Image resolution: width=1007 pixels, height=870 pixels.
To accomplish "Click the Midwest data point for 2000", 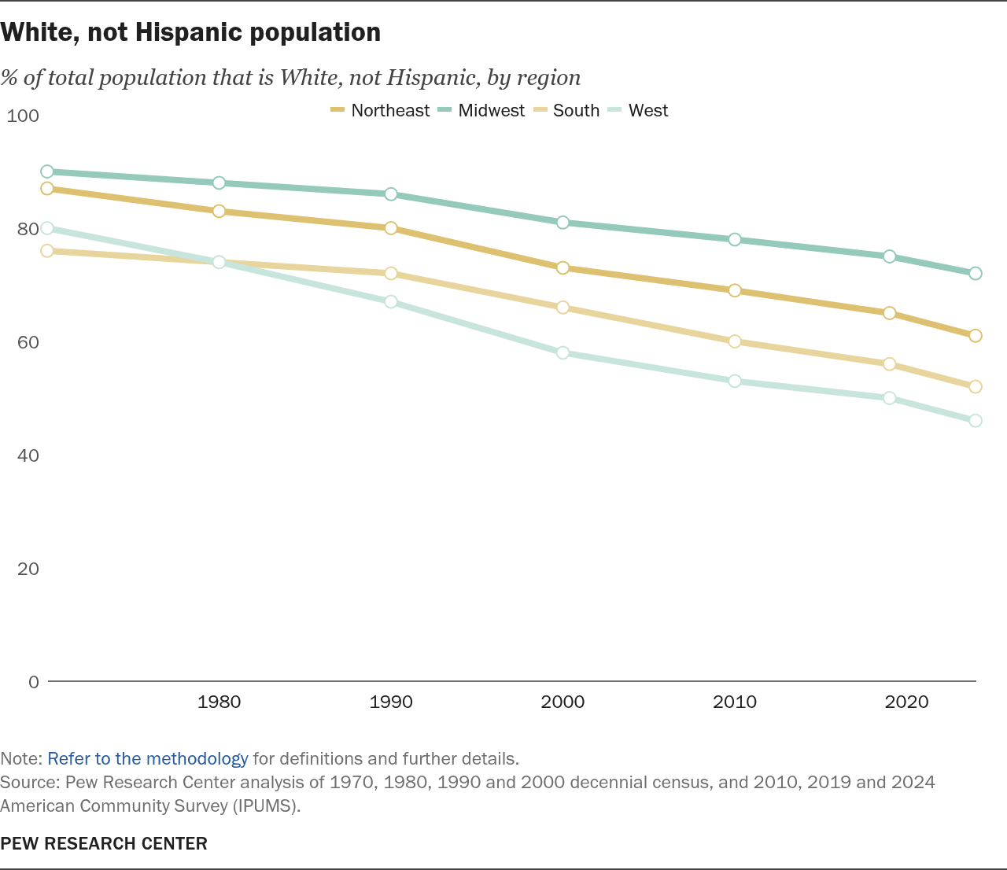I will pyautogui.click(x=563, y=223).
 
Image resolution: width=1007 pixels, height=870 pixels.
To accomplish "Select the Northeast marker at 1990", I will pyautogui.click(x=391, y=228).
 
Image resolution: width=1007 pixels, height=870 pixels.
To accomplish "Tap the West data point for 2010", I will pyautogui.click(x=735, y=382).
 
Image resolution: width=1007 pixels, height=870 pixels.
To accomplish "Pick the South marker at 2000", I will pyautogui.click(x=563, y=308).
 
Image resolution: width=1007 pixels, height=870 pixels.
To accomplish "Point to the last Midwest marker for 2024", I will pyautogui.click(x=976, y=274).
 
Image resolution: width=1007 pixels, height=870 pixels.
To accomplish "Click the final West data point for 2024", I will pyautogui.click(x=976, y=421).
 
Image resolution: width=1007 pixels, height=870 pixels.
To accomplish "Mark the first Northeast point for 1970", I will pyautogui.click(x=47, y=189).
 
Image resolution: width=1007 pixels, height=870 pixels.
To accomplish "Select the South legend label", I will pyautogui.click(x=576, y=111).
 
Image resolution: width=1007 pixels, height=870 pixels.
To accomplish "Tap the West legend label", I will pyautogui.click(x=647, y=111).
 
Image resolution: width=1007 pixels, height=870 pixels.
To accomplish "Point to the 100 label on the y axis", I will pyautogui.click(x=23, y=116).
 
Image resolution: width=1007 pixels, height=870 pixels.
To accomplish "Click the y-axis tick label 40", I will pyautogui.click(x=28, y=455).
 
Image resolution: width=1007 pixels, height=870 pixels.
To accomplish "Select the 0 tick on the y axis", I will pyautogui.click(x=33, y=682).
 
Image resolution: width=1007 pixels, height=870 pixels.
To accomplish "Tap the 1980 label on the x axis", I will pyautogui.click(x=219, y=702).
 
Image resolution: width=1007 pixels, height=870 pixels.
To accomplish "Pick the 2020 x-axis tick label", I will pyautogui.click(x=906, y=702).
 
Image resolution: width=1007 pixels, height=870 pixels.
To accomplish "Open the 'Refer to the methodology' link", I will pyautogui.click(x=148, y=759).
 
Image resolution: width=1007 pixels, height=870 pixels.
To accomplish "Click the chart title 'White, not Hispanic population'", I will pyautogui.click(x=190, y=32).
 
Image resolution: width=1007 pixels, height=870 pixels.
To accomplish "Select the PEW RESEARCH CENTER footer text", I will pyautogui.click(x=104, y=844).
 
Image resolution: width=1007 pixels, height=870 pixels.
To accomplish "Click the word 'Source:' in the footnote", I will pyautogui.click(x=30, y=783).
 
